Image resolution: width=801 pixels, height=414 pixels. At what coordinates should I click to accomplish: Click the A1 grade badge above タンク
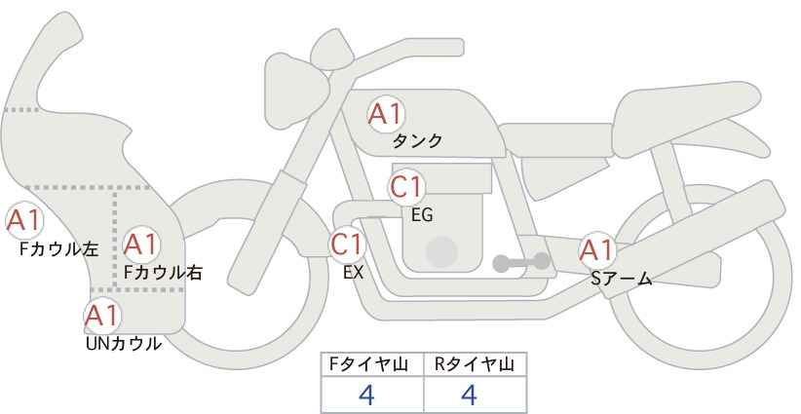pos(386,114)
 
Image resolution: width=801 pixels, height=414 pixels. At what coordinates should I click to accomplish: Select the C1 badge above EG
pos(406,187)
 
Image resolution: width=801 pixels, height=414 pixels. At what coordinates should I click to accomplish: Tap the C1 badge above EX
pos(347,245)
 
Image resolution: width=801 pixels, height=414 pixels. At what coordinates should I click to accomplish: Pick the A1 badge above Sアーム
pos(596,250)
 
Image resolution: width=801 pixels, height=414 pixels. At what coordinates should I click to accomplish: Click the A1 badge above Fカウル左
pos(24,221)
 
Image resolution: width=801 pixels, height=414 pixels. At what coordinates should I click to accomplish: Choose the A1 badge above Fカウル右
pos(140,245)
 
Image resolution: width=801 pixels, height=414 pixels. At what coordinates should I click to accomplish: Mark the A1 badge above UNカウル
pos(102,316)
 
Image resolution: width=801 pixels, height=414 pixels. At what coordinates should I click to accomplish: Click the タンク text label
pos(417,141)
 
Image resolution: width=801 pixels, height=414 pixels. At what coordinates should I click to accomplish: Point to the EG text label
pos(422,215)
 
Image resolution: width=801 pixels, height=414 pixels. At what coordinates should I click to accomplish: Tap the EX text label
pos(353,273)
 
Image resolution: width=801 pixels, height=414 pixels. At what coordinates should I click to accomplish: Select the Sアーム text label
pos(621,279)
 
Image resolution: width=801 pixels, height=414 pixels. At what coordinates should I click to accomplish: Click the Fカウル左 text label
pos(58,248)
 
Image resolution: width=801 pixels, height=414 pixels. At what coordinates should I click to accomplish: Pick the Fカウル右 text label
pos(164,273)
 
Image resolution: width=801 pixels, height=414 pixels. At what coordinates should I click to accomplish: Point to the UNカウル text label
pos(124,344)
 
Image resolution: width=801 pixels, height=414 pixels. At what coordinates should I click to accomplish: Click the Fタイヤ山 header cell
pos(372,364)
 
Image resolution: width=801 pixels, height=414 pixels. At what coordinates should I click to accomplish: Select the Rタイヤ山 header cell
pos(476,364)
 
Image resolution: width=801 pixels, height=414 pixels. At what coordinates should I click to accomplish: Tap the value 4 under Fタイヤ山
pos(367,395)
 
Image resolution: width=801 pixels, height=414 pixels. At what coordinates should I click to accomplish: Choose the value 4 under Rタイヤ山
pos(470,395)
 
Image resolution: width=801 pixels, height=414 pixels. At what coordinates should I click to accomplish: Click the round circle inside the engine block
pos(441,251)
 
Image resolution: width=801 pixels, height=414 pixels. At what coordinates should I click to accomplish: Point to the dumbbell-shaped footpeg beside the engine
pos(521,262)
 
